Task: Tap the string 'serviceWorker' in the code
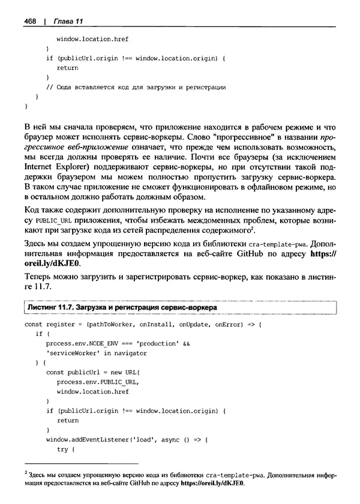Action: point(71,353)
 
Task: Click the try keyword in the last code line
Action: point(62,449)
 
